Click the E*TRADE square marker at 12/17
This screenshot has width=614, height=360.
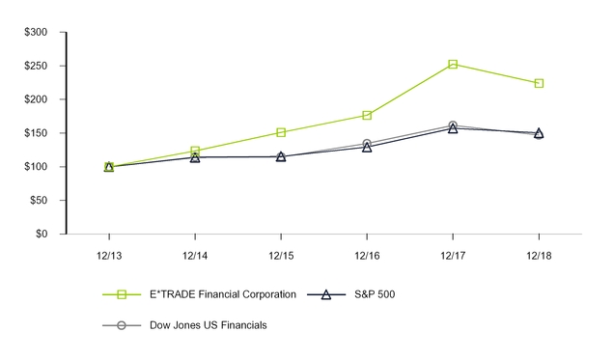pos(453,65)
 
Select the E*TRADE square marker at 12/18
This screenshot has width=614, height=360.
pos(539,83)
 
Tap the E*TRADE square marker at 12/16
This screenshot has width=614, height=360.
pos(367,115)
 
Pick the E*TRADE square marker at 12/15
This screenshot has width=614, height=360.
pos(281,132)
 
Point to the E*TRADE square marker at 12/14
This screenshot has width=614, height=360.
pos(195,151)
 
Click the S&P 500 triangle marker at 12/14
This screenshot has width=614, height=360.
pos(195,157)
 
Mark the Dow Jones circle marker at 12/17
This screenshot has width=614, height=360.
pos(453,125)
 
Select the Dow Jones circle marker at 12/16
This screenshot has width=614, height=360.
pos(367,143)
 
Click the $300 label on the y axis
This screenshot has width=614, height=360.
pos(36,32)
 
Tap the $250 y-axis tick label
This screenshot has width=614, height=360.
pos(36,66)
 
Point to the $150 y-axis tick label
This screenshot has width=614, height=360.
pos(36,133)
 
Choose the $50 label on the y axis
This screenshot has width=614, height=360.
pos(39,200)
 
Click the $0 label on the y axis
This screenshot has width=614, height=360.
pos(42,234)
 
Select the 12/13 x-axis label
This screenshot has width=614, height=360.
pos(109,256)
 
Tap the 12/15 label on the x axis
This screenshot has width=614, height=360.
pos(281,256)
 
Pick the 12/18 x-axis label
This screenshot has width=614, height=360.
pos(539,256)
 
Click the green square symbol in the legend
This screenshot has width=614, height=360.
pos(122,294)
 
